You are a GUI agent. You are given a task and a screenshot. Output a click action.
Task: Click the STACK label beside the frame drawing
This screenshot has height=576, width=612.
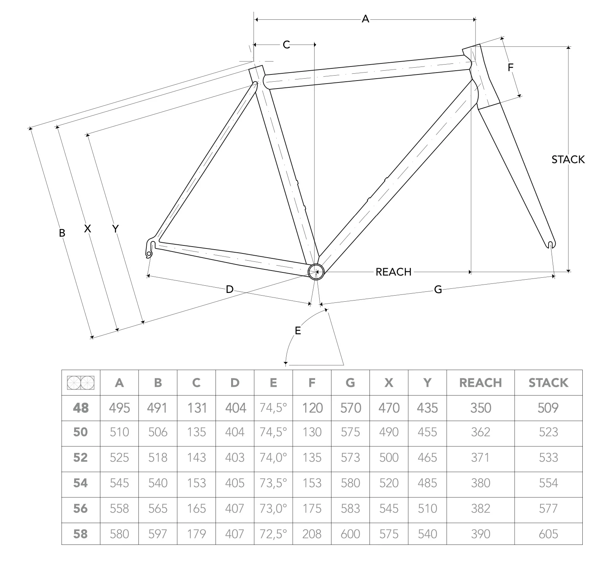(568, 160)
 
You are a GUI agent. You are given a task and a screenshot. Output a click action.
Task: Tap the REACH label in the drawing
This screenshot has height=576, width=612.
(393, 272)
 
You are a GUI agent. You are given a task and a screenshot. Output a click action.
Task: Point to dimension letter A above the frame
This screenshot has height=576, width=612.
(365, 19)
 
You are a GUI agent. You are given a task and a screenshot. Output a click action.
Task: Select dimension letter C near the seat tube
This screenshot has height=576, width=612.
(286, 45)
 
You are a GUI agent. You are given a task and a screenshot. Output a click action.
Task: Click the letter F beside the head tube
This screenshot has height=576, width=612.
(511, 68)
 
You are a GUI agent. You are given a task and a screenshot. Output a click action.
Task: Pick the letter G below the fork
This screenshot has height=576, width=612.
(438, 290)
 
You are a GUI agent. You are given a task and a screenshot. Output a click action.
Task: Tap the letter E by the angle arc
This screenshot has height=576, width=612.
(298, 331)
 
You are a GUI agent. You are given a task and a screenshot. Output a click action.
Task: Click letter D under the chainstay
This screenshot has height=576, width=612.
(229, 290)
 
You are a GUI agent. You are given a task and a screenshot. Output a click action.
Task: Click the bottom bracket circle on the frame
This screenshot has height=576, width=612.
(316, 272)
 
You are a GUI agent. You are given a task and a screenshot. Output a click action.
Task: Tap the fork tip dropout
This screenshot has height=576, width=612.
(551, 244)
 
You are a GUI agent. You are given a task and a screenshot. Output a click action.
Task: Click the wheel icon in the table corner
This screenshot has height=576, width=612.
(81, 383)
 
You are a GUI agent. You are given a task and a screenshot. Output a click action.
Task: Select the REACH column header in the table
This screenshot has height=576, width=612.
(480, 383)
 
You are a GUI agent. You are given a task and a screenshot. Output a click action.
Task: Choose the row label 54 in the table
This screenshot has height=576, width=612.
(81, 483)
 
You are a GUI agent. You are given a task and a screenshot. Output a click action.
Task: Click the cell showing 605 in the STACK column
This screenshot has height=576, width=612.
(548, 534)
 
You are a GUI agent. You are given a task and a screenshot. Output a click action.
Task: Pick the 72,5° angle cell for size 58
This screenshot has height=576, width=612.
(273, 534)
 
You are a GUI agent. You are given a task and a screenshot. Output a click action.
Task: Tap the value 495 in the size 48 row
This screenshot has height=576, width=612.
(119, 408)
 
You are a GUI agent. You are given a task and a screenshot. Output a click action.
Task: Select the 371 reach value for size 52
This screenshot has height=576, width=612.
(480, 457)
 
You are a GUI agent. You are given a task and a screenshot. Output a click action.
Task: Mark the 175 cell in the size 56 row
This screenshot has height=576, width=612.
(312, 509)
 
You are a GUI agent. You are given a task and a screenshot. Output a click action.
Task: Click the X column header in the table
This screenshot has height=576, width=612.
(388, 383)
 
